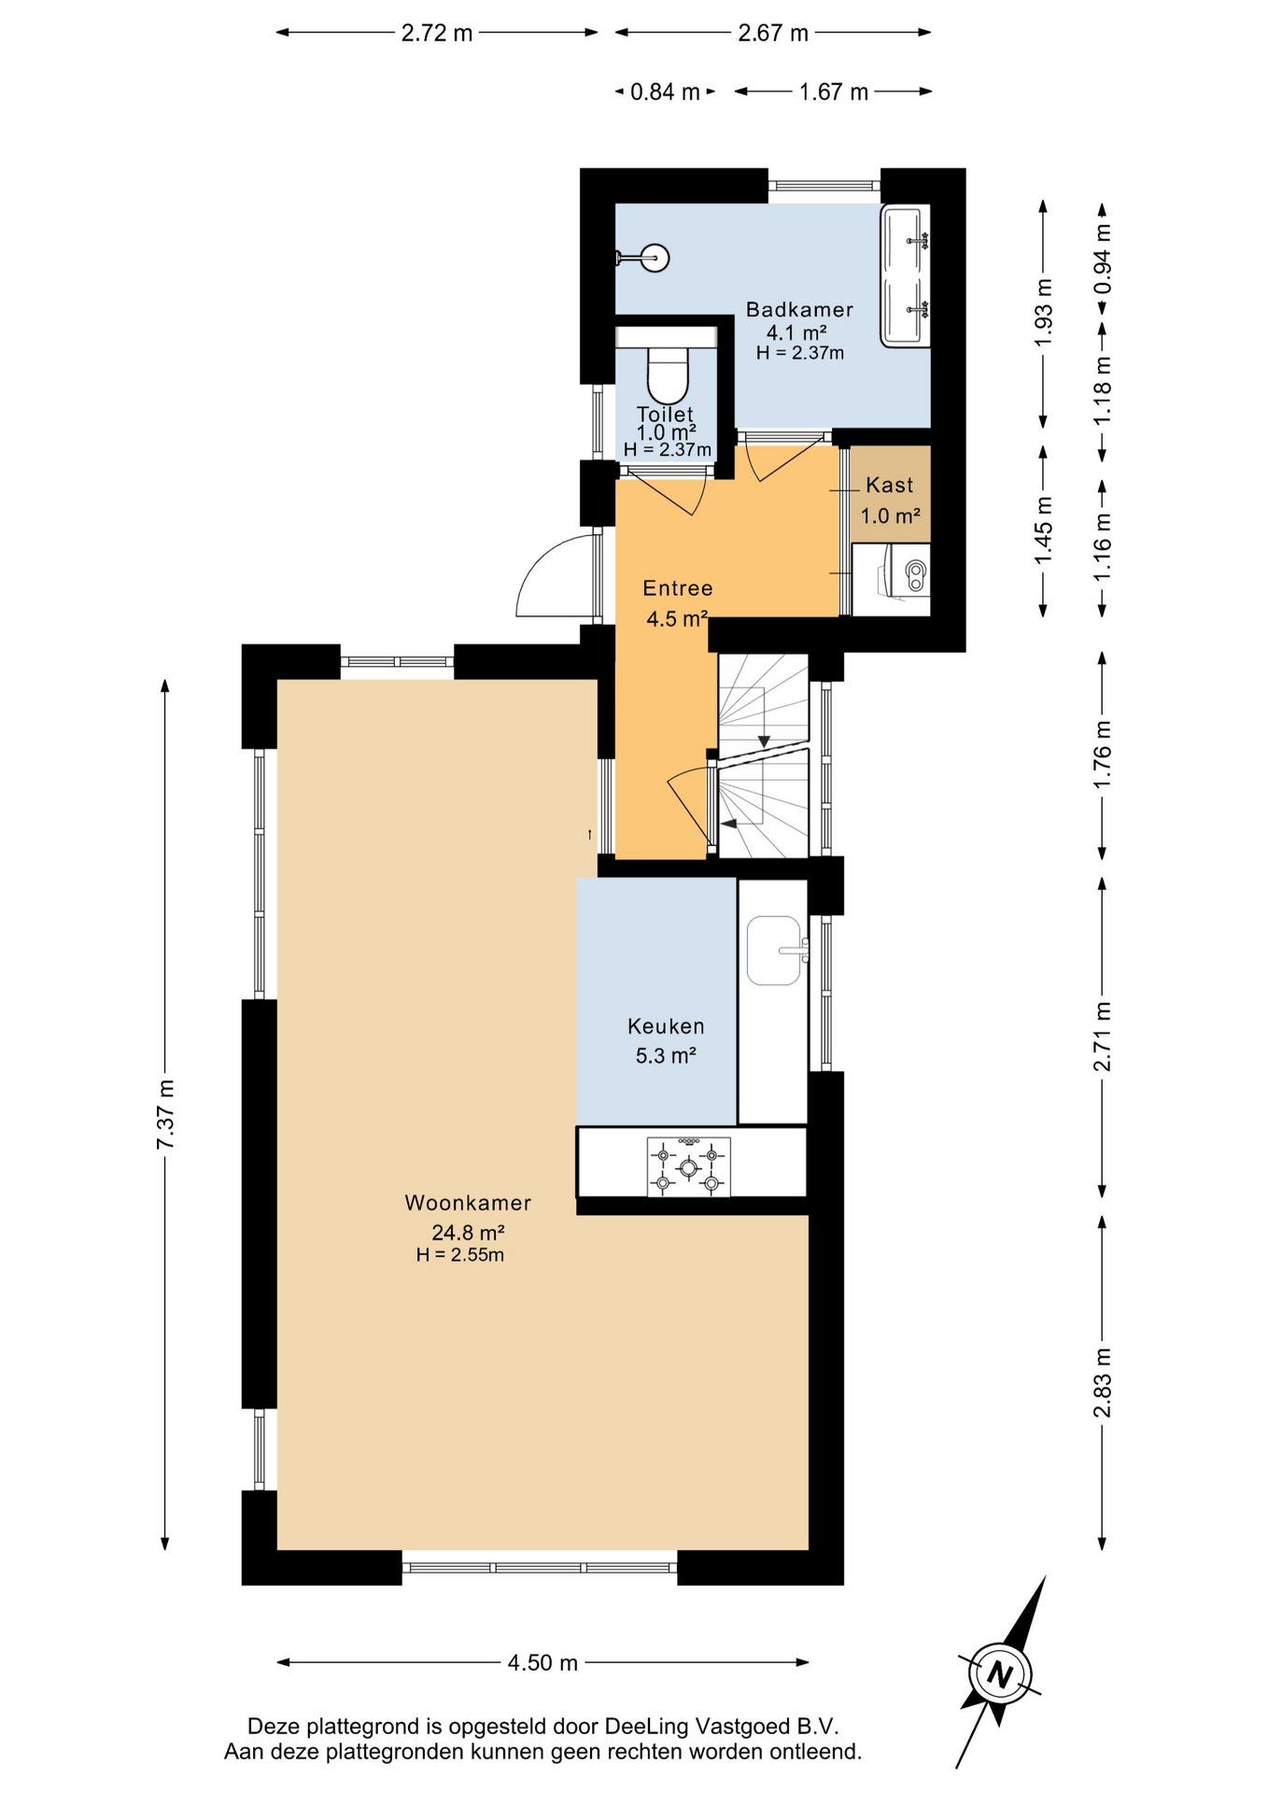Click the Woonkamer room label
coord(468,1203)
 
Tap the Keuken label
coord(666,1026)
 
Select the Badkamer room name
coord(799,309)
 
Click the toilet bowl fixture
coord(668,374)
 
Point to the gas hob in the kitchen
coord(688,1166)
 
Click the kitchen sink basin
coord(775,951)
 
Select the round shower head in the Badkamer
coord(655,258)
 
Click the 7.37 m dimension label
coord(165,1115)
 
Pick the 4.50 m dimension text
coord(542,1662)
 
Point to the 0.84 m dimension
coord(665,92)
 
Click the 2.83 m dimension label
coord(1103,1383)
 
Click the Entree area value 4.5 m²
coord(677,618)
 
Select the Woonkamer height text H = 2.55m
coord(460,1255)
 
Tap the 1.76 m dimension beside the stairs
coord(1103,754)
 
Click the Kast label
coord(889,485)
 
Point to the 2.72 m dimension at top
coord(437,33)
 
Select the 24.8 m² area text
coord(468,1232)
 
